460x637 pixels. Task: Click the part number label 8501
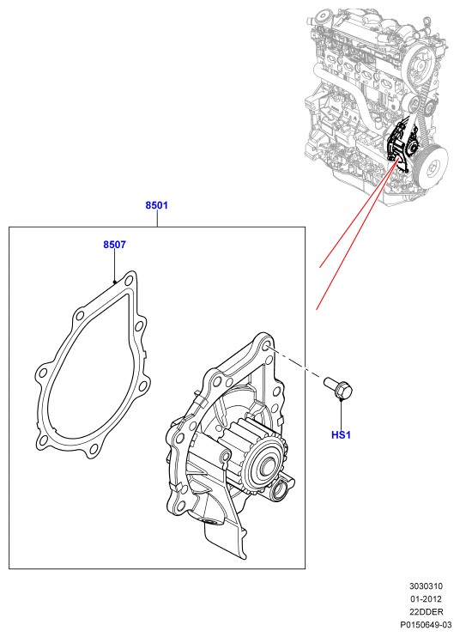point(156,205)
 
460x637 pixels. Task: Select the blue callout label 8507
point(114,245)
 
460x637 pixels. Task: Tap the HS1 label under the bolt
point(341,435)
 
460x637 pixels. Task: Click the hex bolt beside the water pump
point(339,386)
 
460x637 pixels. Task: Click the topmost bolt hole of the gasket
point(129,281)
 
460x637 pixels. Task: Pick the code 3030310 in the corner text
point(426,586)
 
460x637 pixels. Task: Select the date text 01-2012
point(426,599)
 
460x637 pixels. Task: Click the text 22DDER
point(426,611)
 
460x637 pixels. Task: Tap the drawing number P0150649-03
point(426,624)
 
